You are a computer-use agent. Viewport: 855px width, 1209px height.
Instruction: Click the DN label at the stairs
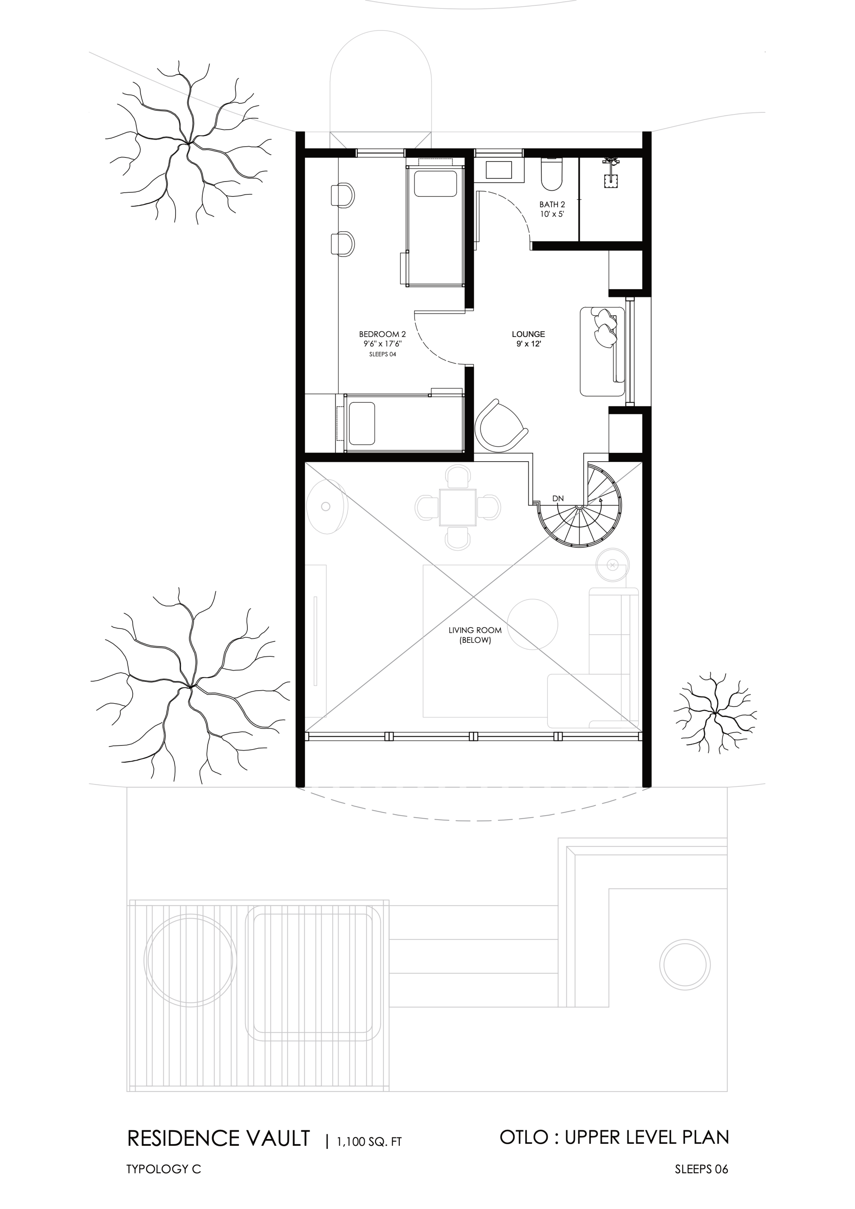(x=558, y=498)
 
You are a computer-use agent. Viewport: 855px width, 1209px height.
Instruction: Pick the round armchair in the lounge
(x=500, y=426)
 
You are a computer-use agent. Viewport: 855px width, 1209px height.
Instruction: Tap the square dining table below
(x=458, y=508)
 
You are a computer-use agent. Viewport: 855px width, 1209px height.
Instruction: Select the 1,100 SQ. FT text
(x=369, y=1141)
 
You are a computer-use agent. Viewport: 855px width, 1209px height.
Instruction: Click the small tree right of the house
(x=715, y=714)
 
